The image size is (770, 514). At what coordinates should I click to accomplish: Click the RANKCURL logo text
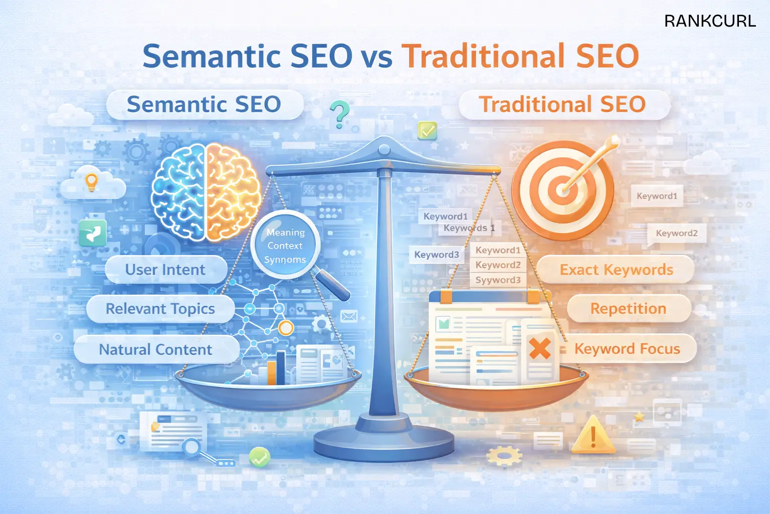(710, 21)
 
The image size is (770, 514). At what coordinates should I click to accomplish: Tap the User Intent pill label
(165, 270)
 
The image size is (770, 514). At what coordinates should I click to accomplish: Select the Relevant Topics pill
(160, 309)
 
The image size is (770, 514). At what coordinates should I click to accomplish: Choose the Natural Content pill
(155, 349)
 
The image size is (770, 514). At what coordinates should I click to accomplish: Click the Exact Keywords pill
(616, 270)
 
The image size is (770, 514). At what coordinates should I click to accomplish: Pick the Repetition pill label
(628, 309)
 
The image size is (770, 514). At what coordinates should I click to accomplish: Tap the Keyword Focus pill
(627, 349)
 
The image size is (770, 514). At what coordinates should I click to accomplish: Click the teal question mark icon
(340, 113)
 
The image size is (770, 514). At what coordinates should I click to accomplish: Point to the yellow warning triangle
(593, 435)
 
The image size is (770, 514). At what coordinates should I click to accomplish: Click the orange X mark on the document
(540, 348)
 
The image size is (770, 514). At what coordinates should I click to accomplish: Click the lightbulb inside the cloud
(91, 182)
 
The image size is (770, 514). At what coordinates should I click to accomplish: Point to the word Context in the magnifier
(285, 246)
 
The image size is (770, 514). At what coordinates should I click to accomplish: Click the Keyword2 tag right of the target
(676, 233)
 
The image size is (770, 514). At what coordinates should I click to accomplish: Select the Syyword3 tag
(498, 280)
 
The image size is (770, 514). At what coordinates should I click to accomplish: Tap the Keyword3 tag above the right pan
(436, 255)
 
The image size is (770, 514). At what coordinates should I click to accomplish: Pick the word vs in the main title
(376, 56)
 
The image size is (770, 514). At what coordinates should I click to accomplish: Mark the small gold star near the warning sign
(639, 417)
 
